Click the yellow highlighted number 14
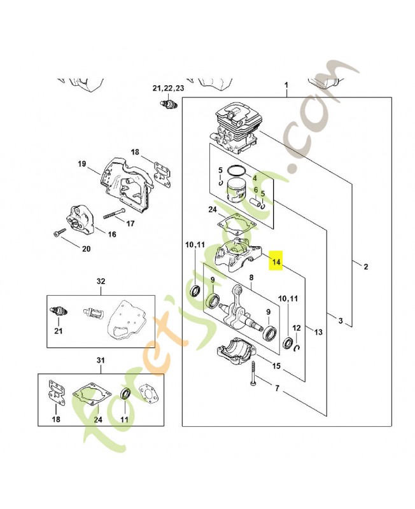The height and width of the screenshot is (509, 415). (x=276, y=261)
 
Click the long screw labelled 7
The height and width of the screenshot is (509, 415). (x=253, y=373)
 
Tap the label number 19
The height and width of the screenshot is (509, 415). (x=82, y=164)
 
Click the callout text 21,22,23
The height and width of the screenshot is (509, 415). (x=168, y=88)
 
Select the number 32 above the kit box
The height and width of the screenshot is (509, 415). (x=101, y=281)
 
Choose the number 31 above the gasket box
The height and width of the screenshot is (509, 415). (x=101, y=360)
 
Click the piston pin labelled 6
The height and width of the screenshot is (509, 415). (x=256, y=201)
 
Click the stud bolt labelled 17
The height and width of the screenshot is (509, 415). (x=115, y=213)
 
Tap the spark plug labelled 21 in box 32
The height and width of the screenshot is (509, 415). (x=59, y=312)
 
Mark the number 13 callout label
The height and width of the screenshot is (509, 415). (x=318, y=332)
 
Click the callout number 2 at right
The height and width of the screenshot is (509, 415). (x=366, y=267)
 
